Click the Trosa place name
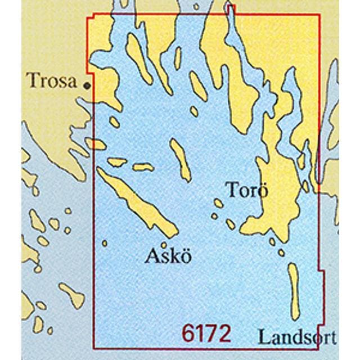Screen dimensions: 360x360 pos(51,82)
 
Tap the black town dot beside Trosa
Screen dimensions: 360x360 pos(87,85)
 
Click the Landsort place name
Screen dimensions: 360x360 pos(298,337)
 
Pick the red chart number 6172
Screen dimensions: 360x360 pos(206,334)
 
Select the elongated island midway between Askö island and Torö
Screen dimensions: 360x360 pos(182,160)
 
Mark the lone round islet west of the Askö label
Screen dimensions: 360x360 pos(105,243)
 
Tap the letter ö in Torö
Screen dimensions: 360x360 pos(261,191)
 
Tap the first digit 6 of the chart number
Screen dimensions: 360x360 pos(189,334)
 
